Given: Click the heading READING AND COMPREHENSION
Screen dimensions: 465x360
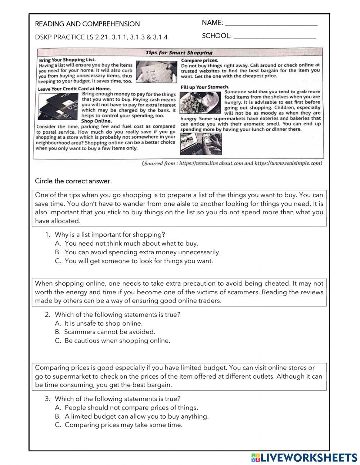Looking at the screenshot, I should point(87,24).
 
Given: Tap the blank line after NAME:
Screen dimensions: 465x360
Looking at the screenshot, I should point(271,24).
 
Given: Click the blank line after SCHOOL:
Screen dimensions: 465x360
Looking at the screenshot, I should point(274,37).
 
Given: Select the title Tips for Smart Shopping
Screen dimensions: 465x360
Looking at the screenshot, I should point(179,53).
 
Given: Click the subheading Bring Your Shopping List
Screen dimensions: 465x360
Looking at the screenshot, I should point(67,60).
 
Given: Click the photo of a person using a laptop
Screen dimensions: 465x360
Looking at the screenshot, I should point(201,144).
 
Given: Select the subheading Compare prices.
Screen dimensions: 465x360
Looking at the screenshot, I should point(199,61).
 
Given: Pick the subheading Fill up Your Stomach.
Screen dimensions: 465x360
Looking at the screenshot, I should point(204,87).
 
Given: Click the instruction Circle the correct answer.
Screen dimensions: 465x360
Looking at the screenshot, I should point(73,181).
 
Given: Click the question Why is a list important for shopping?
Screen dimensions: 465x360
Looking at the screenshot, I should point(110,234).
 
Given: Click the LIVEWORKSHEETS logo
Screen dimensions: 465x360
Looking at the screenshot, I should point(305,457).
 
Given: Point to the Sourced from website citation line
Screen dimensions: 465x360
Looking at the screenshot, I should point(232,163).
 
